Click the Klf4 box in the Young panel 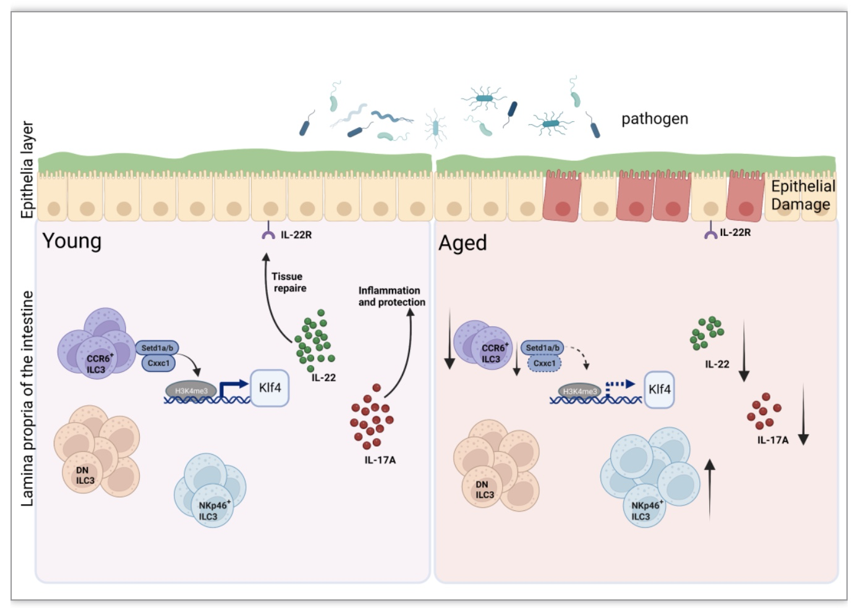[270, 388]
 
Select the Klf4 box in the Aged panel [659, 389]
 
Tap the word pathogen [655, 119]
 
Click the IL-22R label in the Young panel [296, 235]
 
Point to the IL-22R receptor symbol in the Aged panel [711, 230]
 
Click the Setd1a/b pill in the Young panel [157, 348]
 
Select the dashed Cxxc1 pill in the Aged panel [544, 363]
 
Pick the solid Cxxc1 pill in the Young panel [159, 363]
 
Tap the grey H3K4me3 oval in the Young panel [191, 391]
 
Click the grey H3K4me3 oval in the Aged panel [580, 391]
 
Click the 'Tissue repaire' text [289, 282]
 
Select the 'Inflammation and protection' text [392, 297]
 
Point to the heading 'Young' [72, 242]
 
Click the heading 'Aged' [462, 243]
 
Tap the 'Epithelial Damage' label [803, 195]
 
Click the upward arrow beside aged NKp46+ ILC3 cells [710, 489]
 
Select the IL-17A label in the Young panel [380, 460]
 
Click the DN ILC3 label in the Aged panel [484, 489]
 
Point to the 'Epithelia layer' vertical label [27, 169]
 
